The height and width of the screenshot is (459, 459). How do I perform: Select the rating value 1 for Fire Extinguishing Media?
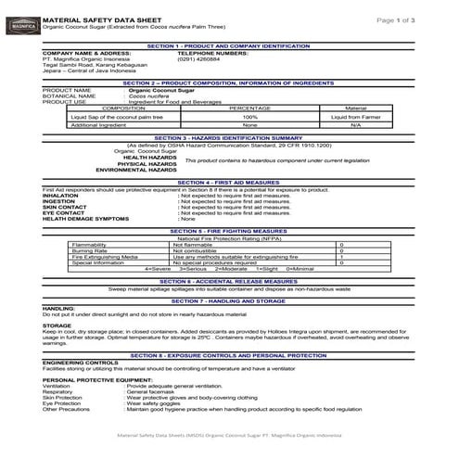341,256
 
